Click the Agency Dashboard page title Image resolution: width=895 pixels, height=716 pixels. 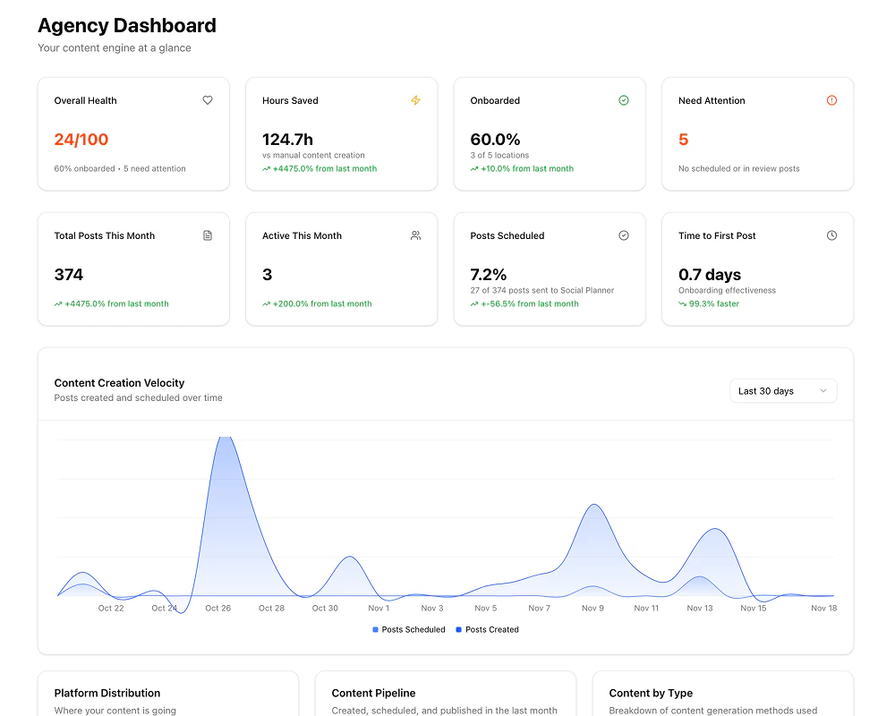click(x=126, y=26)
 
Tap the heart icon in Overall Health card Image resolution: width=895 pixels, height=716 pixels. click(x=208, y=100)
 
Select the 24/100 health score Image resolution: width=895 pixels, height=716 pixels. click(x=81, y=140)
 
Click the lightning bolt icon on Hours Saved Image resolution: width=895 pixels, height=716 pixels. click(x=415, y=100)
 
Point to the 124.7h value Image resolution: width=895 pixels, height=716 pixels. click(x=287, y=140)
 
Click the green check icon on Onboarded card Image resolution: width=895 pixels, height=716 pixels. click(x=624, y=100)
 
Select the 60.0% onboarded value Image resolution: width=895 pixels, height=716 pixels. click(x=495, y=140)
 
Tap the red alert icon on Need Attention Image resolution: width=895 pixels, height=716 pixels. click(x=831, y=100)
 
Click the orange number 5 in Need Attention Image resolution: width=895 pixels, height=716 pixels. click(x=684, y=140)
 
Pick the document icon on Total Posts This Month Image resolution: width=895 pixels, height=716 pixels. click(x=208, y=235)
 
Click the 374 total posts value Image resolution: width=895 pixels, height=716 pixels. click(x=69, y=275)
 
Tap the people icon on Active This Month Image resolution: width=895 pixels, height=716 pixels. click(x=415, y=235)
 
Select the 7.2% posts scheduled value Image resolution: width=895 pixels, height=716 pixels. click(x=489, y=275)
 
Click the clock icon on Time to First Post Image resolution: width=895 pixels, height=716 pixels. click(x=831, y=235)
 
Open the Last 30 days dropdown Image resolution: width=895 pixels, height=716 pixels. click(x=782, y=391)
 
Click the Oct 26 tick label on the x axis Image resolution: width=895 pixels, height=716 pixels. click(x=217, y=609)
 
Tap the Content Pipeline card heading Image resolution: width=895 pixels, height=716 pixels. click(x=373, y=693)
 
